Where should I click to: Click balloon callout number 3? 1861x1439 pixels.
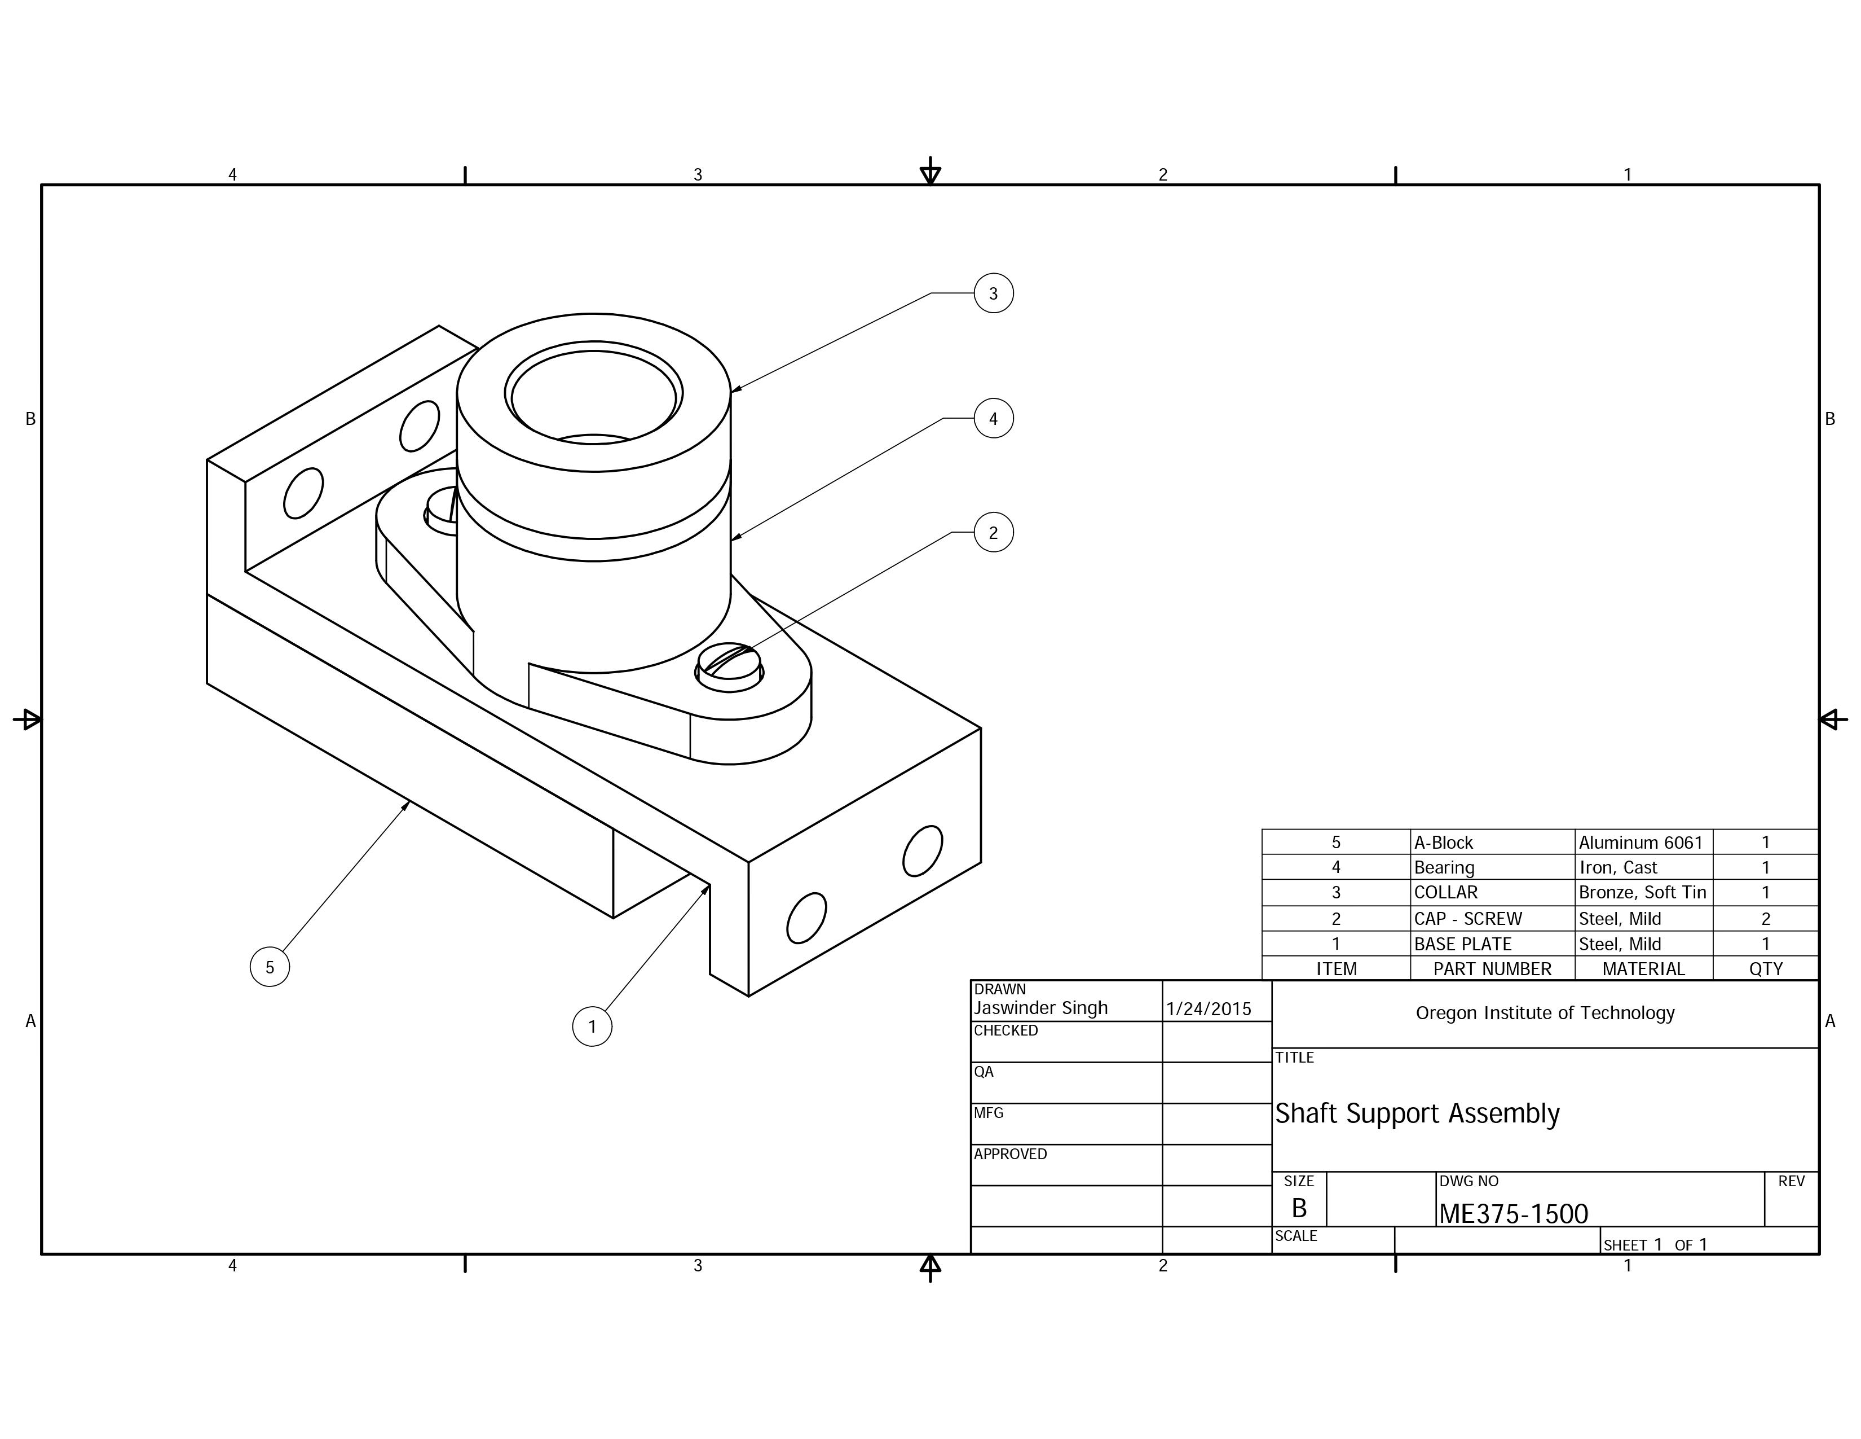[993, 293]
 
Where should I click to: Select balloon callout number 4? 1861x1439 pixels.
[993, 419]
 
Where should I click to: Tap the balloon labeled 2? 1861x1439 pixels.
[993, 533]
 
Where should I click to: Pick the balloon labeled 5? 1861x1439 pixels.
[269, 967]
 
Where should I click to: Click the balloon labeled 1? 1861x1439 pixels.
[592, 1026]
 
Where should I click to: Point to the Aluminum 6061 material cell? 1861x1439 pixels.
[1641, 843]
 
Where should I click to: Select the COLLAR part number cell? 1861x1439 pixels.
[1446, 893]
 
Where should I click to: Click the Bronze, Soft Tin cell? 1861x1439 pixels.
[1642, 893]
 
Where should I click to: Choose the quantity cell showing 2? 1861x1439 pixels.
[1766, 919]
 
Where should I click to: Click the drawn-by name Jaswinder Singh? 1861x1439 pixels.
[1040, 1008]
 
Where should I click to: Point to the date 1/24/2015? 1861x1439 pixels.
[1209, 1010]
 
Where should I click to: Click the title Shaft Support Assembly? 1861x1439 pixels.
[1417, 1113]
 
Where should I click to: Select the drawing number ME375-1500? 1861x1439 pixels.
[1514, 1214]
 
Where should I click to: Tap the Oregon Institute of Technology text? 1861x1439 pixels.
[1545, 1013]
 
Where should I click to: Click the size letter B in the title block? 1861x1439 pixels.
[1299, 1208]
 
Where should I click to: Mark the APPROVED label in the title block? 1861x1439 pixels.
[1011, 1154]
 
